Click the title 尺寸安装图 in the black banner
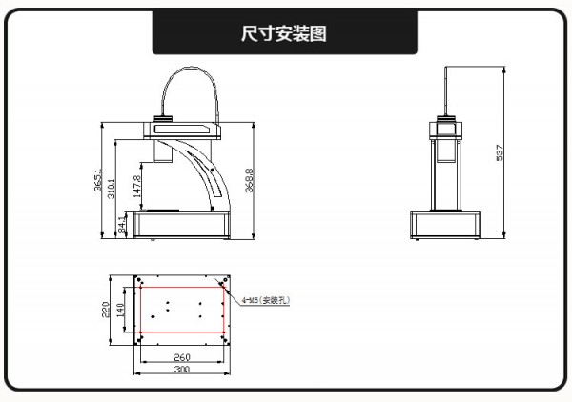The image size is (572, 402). pos(285,34)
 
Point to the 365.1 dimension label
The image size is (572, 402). pos(98,181)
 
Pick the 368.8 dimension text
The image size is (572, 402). pos(250,182)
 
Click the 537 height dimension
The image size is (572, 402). pos(500,151)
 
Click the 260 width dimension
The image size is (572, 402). pos(182,357)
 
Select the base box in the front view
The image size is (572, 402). pos(445,225)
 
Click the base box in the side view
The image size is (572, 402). pos(182,226)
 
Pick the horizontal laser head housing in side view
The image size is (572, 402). pos(186,126)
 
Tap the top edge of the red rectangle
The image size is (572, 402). pos(182,285)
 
